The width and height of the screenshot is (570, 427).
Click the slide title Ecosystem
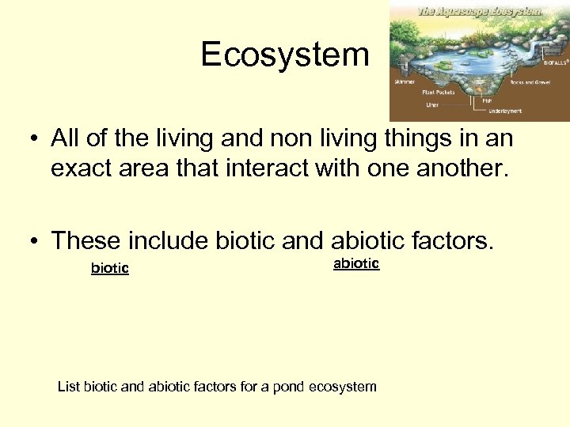(285, 55)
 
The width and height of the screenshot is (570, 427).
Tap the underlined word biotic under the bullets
(110, 268)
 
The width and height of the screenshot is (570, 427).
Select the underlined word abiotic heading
(356, 263)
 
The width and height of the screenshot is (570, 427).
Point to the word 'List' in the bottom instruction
(69, 387)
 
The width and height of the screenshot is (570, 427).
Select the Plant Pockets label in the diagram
(438, 92)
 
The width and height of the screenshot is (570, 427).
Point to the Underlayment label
(504, 111)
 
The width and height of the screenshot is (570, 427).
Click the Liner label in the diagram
(433, 104)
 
